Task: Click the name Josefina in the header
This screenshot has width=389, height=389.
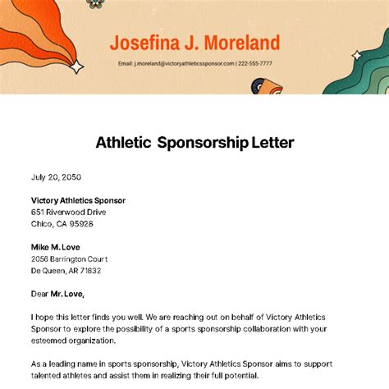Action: [143, 43]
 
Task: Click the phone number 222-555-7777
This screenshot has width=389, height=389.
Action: [255, 63]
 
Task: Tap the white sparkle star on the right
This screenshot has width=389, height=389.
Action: [357, 55]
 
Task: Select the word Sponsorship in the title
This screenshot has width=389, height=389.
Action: [204, 143]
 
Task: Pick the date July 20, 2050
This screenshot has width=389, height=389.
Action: [56, 176]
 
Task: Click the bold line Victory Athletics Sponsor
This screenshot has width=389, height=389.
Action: [78, 200]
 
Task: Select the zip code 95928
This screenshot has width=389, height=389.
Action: [80, 223]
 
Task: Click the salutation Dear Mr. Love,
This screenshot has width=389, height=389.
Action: [57, 294]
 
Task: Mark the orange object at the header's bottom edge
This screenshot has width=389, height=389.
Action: [271, 86]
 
